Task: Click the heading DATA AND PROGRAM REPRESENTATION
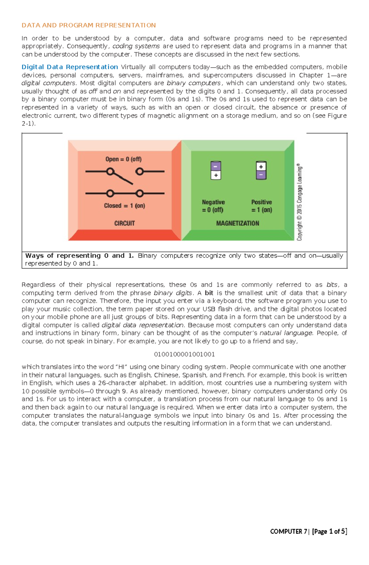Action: [x=89, y=25]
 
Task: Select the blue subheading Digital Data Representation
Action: [x=70, y=67]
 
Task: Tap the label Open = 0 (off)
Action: [x=123, y=159]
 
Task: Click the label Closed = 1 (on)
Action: [x=124, y=206]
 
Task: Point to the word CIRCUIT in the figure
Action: [x=125, y=223]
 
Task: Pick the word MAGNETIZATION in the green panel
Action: [x=237, y=223]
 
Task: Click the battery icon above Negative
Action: [x=216, y=170]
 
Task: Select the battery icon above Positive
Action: [x=261, y=170]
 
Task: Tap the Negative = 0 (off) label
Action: [x=213, y=206]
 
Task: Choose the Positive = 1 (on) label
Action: [x=262, y=206]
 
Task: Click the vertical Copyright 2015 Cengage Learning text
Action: [x=300, y=202]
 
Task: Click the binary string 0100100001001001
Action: [x=184, y=354]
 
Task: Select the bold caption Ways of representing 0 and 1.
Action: [x=79, y=256]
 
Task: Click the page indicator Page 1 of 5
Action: [x=329, y=531]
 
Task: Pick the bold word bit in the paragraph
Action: [x=209, y=293]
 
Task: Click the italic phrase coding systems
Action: [x=136, y=46]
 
